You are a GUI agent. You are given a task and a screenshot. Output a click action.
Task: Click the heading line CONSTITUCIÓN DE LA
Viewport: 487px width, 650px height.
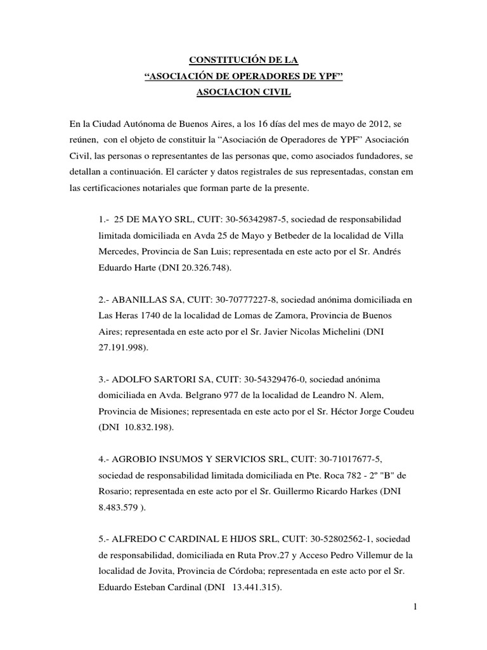(244, 60)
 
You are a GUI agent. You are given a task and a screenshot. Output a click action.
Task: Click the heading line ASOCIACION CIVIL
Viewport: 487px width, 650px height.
(244, 92)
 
